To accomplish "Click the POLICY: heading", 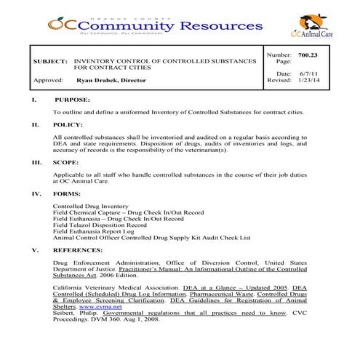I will (68, 125).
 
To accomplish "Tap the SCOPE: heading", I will (66, 162).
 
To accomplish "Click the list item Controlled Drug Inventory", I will (92, 206).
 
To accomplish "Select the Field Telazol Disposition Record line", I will (100, 225).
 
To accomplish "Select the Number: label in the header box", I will (279, 55).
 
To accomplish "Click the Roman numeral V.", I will (36, 249).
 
